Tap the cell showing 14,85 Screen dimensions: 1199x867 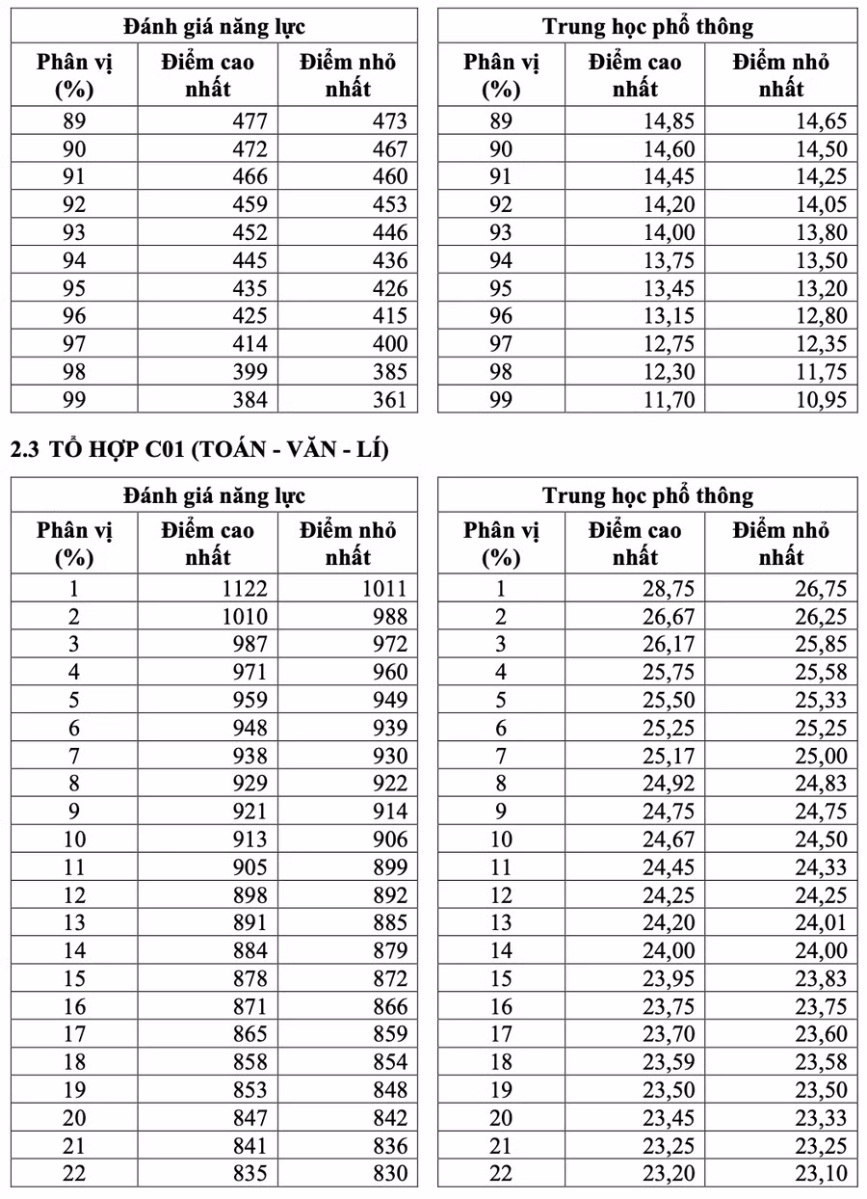[x=669, y=121]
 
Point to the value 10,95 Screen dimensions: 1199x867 [x=821, y=399]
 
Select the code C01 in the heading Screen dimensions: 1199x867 [x=155, y=449]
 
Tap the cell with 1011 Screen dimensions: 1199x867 [x=383, y=589]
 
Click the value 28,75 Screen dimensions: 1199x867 [x=669, y=589]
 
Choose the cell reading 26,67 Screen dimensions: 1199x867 [x=669, y=617]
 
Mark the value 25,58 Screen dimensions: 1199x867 [x=821, y=673]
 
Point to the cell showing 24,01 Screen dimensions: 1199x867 [x=821, y=922]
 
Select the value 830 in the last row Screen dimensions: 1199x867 [x=389, y=1173]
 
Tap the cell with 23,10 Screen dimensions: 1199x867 [x=821, y=1173]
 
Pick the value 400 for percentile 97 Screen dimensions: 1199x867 [x=389, y=344]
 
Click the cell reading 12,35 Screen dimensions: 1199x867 [x=821, y=344]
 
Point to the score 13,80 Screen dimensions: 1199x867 [x=821, y=232]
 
